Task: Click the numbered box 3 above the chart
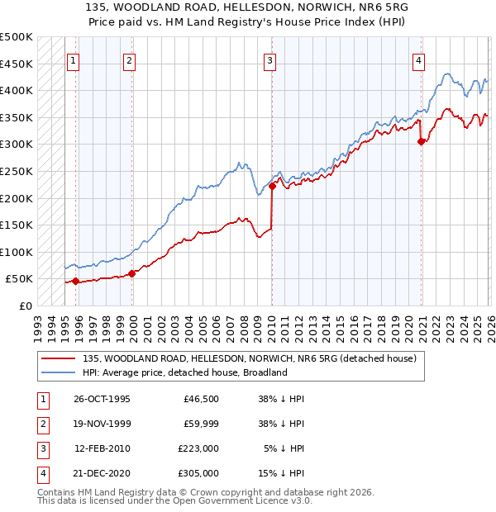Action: (270, 59)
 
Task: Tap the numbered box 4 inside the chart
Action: (420, 59)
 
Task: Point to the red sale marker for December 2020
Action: (422, 142)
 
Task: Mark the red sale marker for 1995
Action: (76, 281)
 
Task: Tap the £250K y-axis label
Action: (17, 171)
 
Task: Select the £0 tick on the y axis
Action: (25, 306)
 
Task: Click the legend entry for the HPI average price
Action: (184, 372)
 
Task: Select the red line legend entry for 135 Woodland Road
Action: (254, 358)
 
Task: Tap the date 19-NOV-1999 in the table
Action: (103, 424)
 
